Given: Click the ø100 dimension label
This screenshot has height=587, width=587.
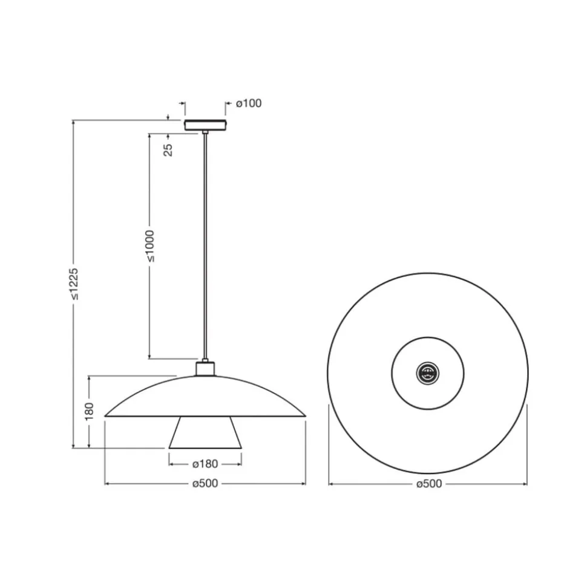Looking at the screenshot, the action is point(249,103).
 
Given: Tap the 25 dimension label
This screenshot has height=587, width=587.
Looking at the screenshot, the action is point(169,150).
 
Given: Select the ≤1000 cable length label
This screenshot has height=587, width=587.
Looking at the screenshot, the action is point(150,246).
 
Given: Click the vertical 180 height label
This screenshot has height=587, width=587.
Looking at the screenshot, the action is point(89,412).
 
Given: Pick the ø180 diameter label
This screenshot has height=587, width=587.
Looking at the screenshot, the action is point(205,464).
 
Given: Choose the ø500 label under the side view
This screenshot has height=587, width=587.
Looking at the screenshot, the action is point(205,483).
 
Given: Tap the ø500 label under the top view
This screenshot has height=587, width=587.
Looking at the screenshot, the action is point(429,484).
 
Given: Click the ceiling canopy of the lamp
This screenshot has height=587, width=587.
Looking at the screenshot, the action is point(205,125).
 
